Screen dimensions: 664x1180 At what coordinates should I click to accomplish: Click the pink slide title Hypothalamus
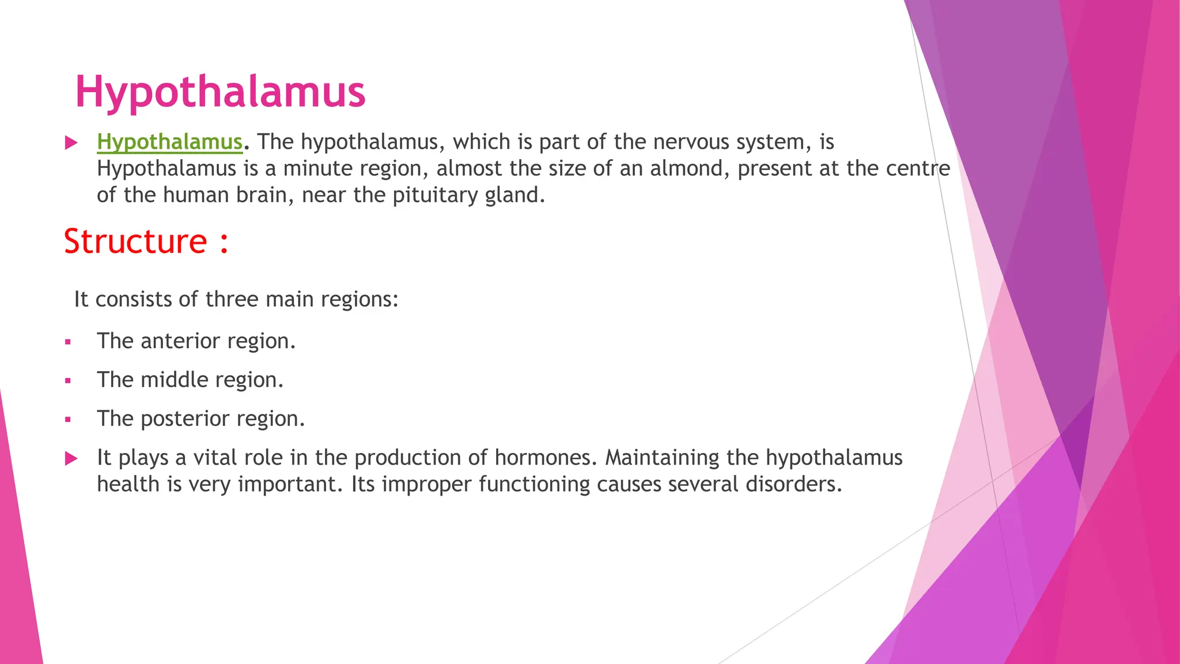(220, 92)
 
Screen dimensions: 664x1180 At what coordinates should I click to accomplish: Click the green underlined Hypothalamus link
(169, 142)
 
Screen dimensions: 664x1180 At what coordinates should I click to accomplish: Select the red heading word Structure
(135, 241)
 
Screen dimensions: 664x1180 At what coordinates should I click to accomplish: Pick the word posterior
(183, 418)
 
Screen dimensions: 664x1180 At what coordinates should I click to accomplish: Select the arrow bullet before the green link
(71, 142)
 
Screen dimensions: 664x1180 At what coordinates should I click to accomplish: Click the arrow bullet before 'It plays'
(71, 459)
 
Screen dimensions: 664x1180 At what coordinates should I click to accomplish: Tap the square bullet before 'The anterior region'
(68, 342)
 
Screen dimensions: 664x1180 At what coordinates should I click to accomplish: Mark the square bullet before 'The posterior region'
(68, 420)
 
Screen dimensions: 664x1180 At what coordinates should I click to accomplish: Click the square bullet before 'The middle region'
(68, 381)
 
